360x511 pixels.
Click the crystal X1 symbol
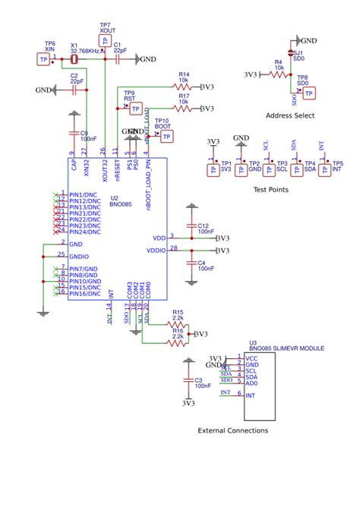74,59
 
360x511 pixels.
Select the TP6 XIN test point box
43,59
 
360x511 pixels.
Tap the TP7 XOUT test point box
105,40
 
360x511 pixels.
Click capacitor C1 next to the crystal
118,59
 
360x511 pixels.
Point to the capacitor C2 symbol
74,90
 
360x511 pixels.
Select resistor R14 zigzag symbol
182,87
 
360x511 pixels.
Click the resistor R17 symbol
182,109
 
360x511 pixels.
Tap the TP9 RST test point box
135,109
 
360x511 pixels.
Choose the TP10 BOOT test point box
166,136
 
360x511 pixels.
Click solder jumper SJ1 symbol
298,53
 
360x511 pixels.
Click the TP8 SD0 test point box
308,93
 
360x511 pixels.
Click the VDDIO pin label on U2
156,250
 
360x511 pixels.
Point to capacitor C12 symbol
192,226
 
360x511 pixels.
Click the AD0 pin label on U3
253,383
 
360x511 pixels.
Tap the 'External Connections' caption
232,431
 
